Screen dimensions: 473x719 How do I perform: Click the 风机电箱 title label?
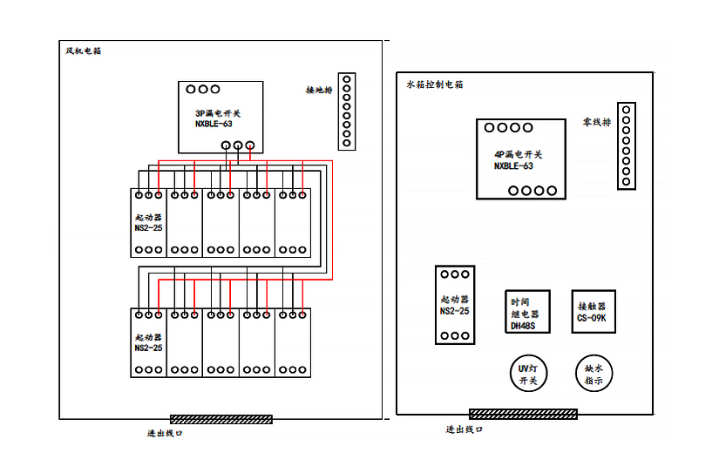coord(84,51)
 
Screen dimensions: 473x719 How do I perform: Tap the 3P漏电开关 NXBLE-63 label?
coord(219,118)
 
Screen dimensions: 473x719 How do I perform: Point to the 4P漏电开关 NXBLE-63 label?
coord(518,159)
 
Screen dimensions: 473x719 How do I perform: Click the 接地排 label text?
coord(319,91)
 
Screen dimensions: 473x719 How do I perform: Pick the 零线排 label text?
coord(597,123)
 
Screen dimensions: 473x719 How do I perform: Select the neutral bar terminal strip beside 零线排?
coord(625,145)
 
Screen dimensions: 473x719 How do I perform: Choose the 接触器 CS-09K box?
coord(594,312)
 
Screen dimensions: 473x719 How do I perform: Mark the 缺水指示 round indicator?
coord(594,375)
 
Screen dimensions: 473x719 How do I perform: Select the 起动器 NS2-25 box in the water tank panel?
coord(454,305)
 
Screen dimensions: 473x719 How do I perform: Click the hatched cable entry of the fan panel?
coord(220,419)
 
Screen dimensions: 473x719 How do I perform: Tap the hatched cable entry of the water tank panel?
coord(523,414)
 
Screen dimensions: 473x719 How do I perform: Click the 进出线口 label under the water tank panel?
coord(464,429)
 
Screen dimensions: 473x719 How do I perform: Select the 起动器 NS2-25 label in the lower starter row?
coord(148,342)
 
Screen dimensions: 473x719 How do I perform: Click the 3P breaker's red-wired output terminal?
coord(250,145)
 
